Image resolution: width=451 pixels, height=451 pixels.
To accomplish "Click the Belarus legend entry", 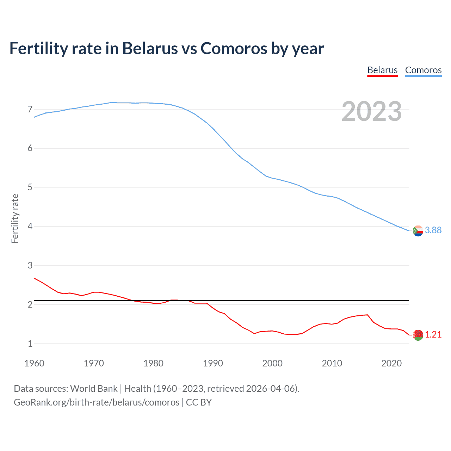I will point(382,70).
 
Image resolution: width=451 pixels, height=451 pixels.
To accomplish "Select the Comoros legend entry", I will point(423,70).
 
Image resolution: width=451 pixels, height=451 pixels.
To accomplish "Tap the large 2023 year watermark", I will point(372,111).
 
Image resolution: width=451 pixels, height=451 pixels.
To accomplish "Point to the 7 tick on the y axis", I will point(30,109).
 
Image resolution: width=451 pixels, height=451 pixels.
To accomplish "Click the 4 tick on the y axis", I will point(30,226).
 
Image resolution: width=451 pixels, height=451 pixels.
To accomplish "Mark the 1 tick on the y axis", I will point(30,344).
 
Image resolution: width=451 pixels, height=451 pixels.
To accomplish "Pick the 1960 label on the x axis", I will point(34,363).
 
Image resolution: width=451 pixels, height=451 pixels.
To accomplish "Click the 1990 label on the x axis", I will point(213,363).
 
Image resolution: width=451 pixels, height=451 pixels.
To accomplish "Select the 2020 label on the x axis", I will point(391,363).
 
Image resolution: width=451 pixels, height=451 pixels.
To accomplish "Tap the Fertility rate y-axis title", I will point(15,218).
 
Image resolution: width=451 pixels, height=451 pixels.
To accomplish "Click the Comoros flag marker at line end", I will point(418,231).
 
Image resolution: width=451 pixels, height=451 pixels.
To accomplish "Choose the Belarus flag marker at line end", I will point(418,335).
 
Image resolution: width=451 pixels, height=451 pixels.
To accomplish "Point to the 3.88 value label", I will point(433,230).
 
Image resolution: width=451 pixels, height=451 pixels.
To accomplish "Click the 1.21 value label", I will point(433,334).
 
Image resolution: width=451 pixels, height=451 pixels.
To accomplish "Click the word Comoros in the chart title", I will point(234,48).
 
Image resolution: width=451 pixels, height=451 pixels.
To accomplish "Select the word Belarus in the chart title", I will point(150,48).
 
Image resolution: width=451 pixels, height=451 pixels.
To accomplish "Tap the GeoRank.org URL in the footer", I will point(97,402).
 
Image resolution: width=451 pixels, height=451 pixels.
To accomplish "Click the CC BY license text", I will point(199,402).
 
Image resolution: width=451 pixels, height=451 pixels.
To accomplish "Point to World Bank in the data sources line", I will point(94,389).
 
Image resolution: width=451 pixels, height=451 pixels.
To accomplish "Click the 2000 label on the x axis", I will point(272,363).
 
